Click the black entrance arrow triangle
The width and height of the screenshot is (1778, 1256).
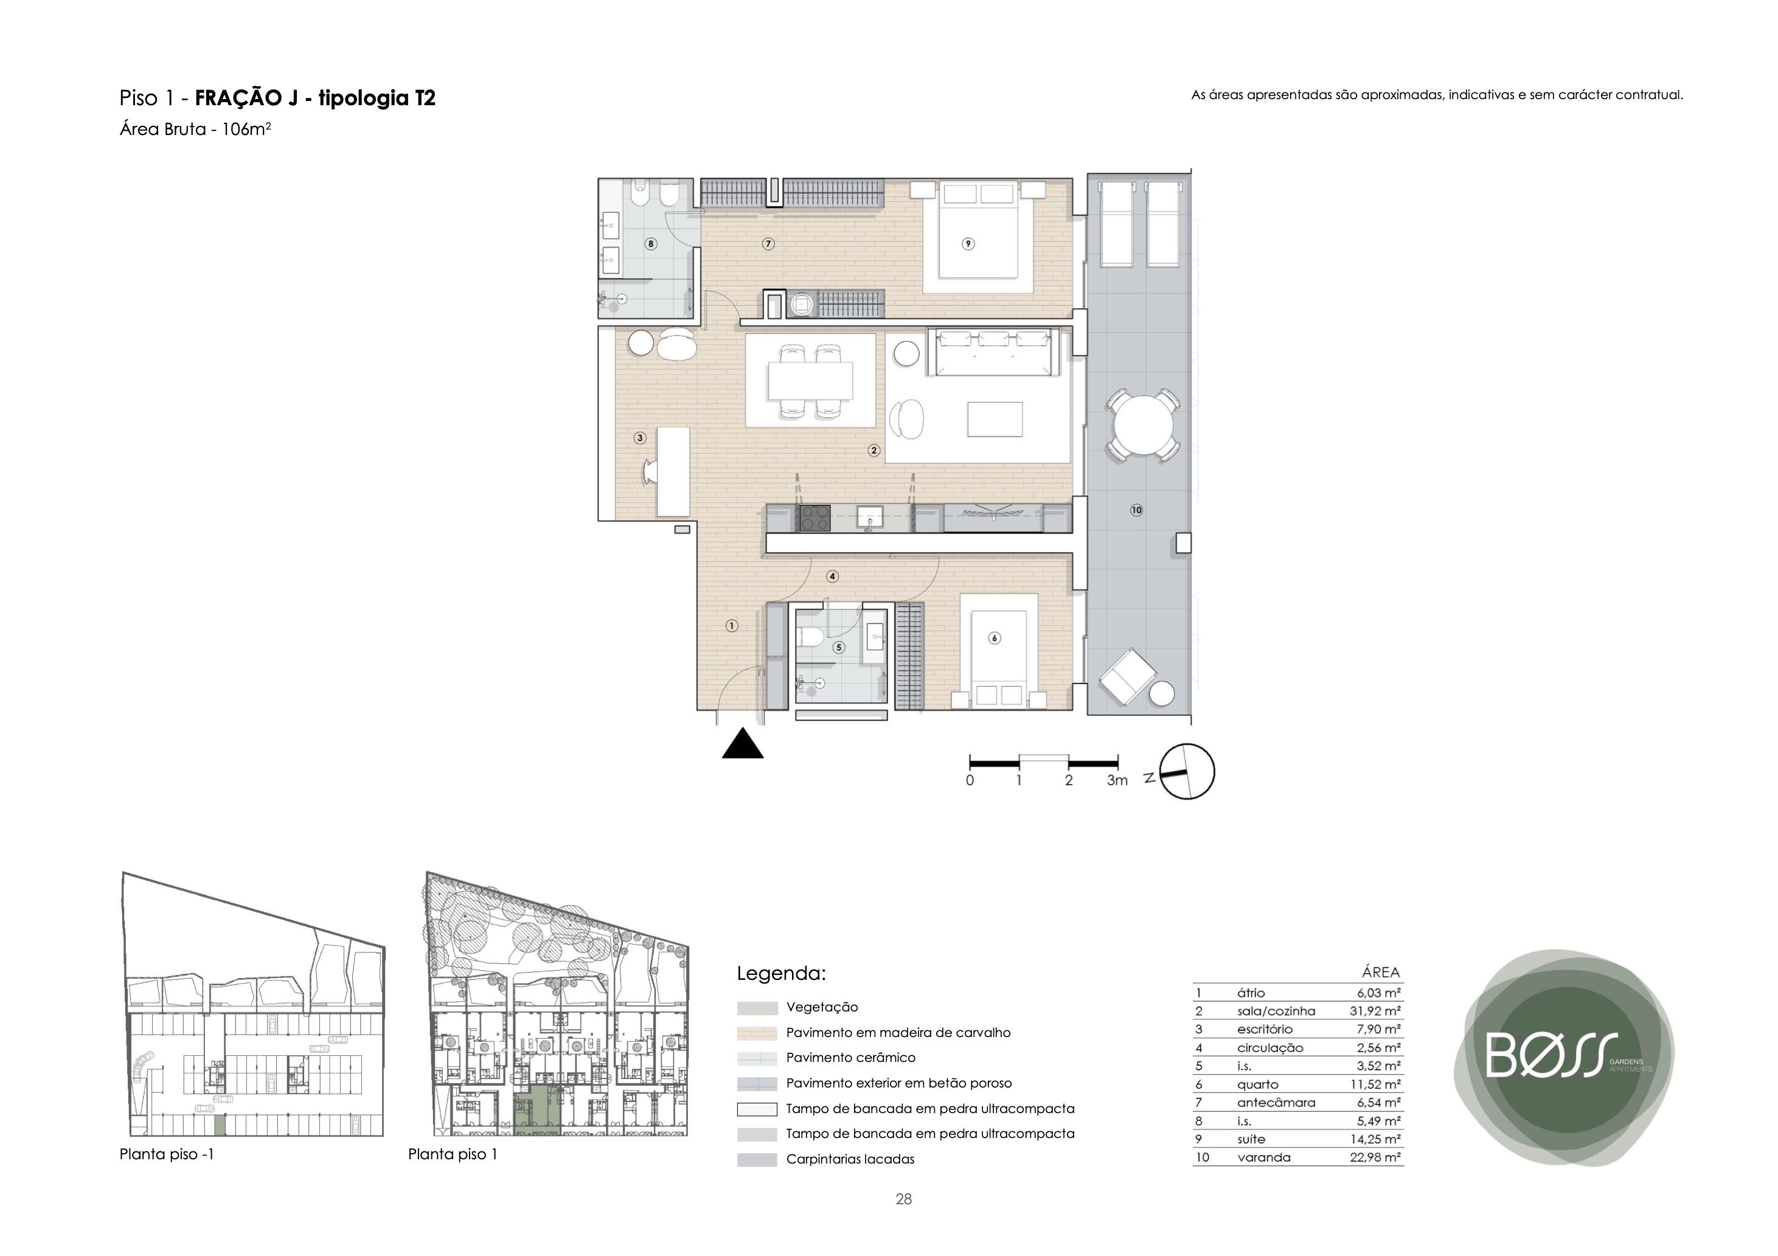[743, 744]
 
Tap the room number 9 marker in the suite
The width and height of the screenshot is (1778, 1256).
[968, 244]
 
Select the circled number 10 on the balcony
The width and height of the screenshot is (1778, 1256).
[1136, 510]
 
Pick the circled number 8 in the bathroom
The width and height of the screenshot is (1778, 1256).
[650, 244]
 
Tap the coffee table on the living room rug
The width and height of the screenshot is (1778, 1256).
[995, 419]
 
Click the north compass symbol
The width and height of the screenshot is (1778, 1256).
[1186, 772]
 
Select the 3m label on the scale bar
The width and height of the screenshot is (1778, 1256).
[1117, 780]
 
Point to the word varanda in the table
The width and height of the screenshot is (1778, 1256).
[1264, 1157]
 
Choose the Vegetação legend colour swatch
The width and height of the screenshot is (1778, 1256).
[757, 1008]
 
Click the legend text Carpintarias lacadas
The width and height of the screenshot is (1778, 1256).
[850, 1159]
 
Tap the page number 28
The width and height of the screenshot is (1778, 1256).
[904, 1199]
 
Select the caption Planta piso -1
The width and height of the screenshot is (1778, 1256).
[167, 1154]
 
